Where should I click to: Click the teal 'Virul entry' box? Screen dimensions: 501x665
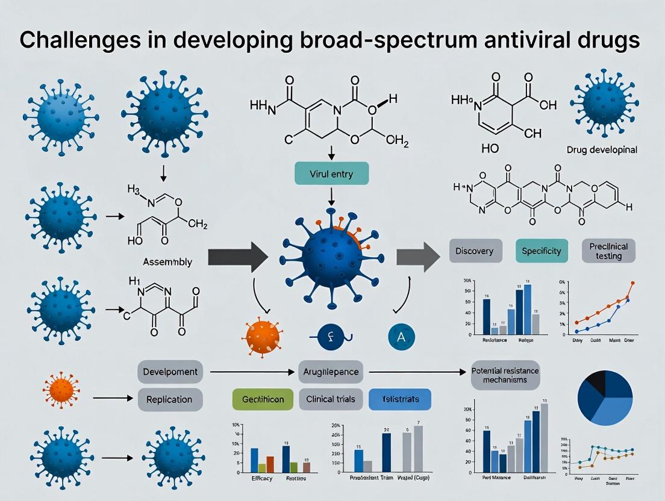(x=331, y=173)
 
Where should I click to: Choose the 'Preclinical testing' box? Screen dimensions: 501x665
(x=609, y=250)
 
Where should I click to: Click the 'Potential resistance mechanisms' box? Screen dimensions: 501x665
(x=505, y=375)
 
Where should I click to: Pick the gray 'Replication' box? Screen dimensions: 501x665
(x=169, y=399)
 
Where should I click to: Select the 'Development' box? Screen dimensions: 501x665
(x=169, y=371)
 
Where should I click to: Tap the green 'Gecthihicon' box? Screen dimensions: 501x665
(x=263, y=399)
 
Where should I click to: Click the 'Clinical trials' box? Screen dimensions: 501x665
(x=330, y=399)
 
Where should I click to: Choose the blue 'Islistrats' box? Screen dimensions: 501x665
(x=400, y=399)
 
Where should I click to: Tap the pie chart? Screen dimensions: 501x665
(x=604, y=398)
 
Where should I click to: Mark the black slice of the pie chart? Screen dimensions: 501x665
(x=595, y=381)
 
